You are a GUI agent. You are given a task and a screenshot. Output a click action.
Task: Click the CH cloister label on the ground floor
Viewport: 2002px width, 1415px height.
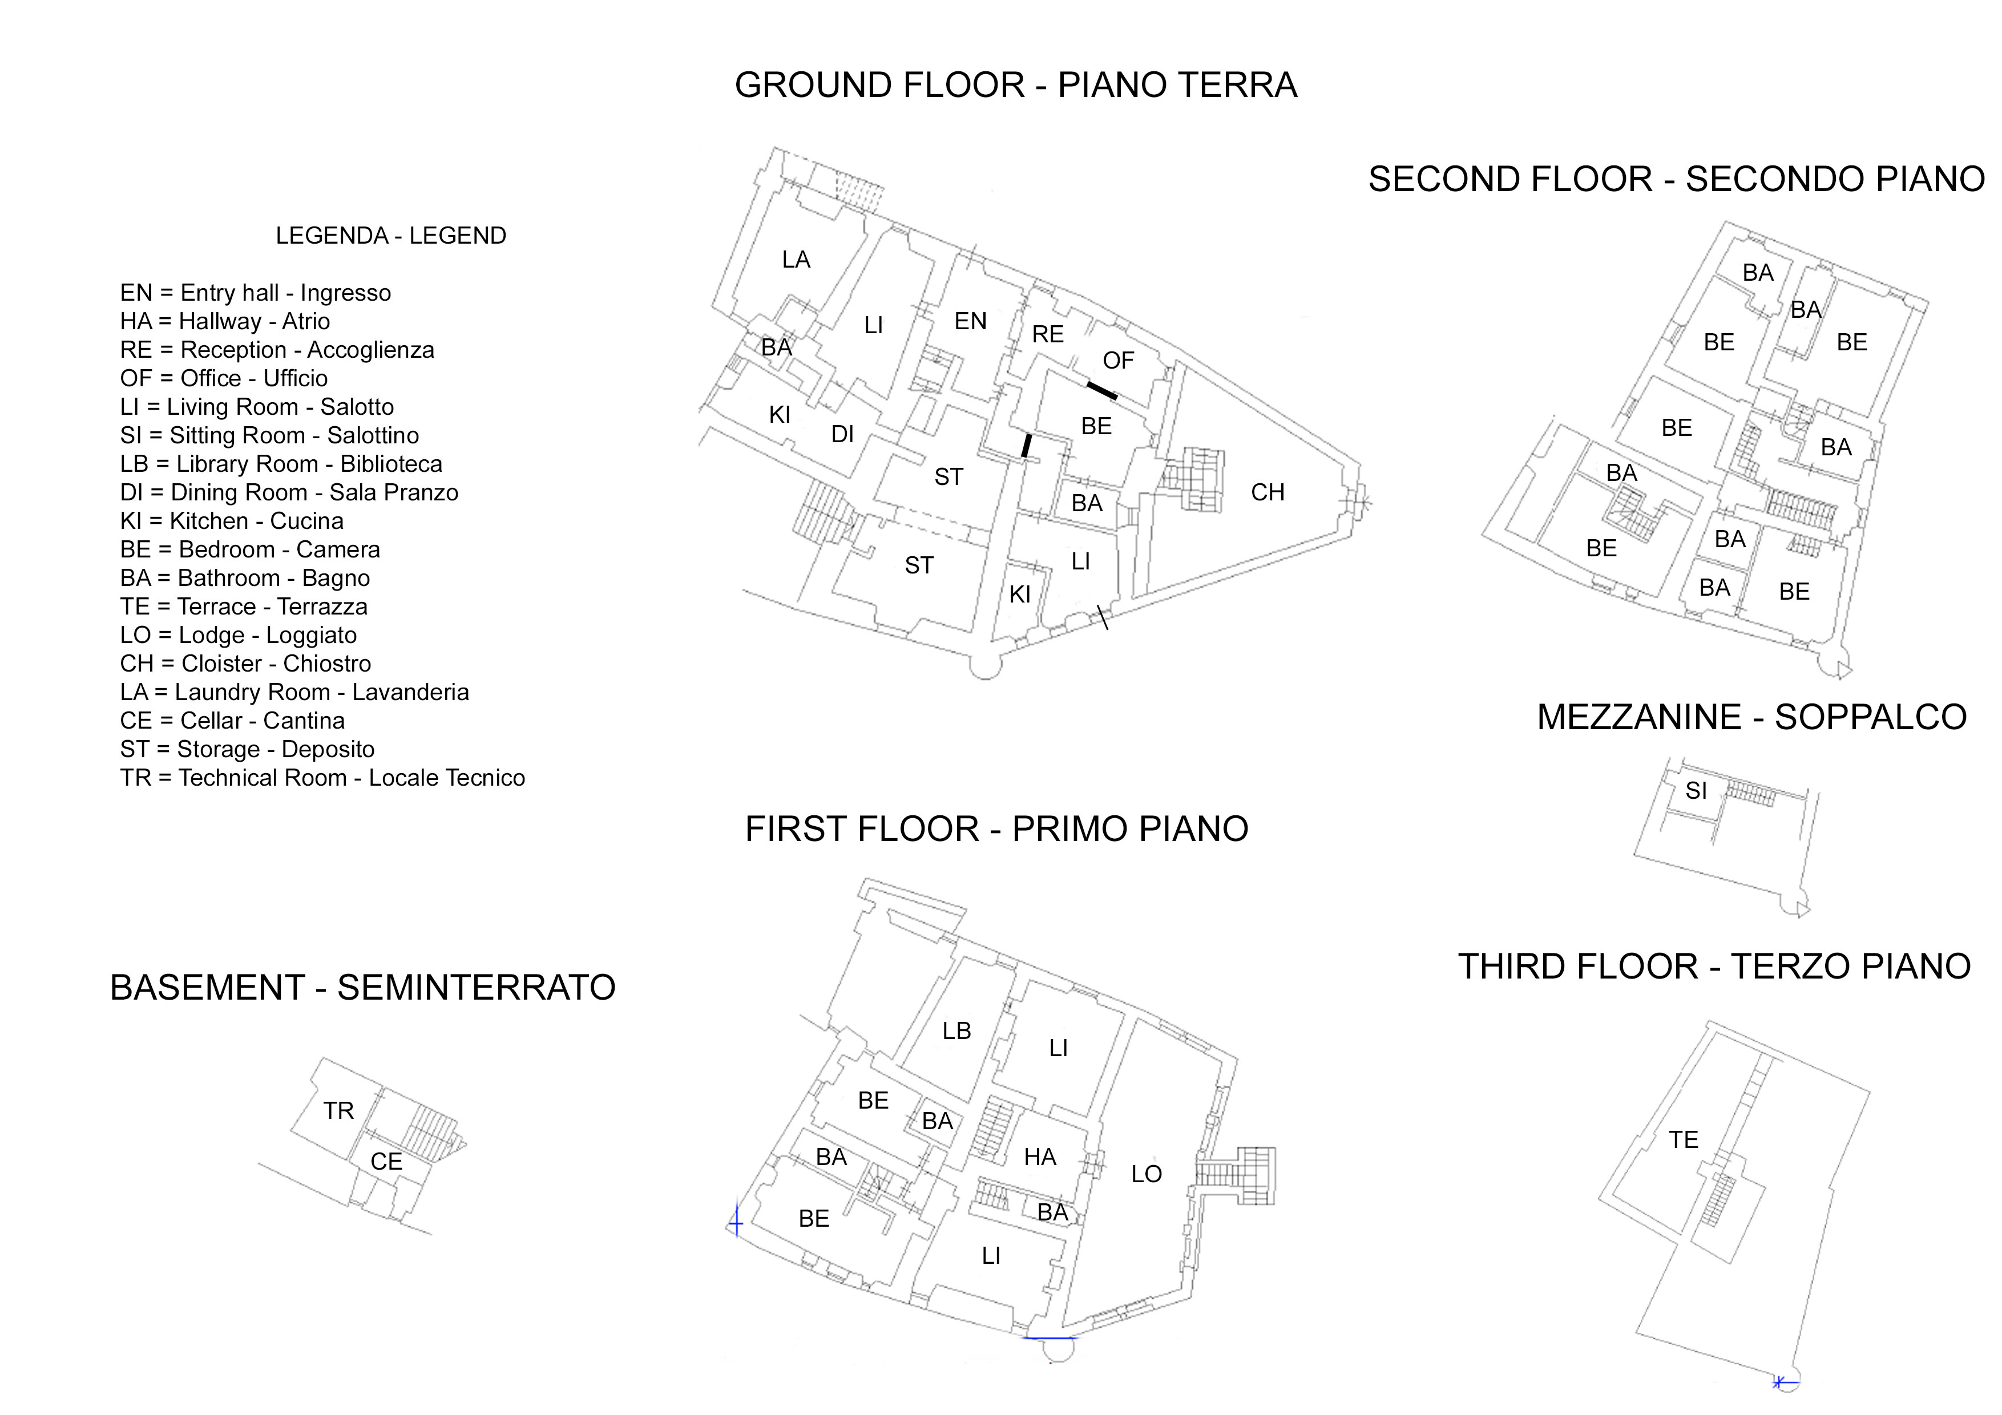[x=1268, y=492]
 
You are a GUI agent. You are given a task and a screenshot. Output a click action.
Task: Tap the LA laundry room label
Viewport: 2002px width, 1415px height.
[x=796, y=260]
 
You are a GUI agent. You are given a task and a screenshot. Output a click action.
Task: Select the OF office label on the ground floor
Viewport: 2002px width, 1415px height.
[x=1119, y=361]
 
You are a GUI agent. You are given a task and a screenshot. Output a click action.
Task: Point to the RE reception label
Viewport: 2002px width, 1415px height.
[x=1048, y=335]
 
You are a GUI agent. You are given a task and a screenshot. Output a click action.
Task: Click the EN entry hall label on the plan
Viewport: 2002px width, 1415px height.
[x=971, y=322]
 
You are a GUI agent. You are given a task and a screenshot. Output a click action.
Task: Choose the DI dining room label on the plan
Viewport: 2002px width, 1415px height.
[x=842, y=434]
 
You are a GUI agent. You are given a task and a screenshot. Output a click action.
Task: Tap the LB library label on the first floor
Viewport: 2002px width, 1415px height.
[x=956, y=1032]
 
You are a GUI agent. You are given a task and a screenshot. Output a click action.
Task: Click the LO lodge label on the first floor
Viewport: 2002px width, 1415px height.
[x=1147, y=1174]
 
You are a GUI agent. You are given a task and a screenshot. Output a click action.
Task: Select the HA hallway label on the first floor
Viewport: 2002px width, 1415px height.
[x=1040, y=1157]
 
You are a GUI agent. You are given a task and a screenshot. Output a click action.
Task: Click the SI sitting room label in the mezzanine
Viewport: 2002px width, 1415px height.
[x=1696, y=791]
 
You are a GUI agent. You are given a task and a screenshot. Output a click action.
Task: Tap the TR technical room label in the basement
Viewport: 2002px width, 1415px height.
[x=338, y=1111]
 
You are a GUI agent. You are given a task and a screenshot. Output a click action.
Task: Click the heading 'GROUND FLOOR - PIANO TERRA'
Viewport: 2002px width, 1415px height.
[x=1016, y=86]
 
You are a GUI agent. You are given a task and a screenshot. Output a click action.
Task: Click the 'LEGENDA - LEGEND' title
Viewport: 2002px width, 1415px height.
[x=390, y=236]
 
